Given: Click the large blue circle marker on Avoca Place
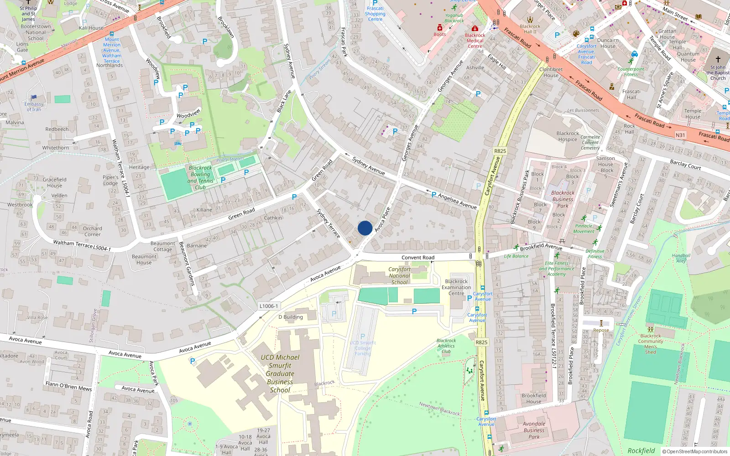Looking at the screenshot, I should (x=365, y=228).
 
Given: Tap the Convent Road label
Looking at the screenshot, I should (x=417, y=258).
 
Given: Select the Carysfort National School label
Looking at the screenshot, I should (x=399, y=276).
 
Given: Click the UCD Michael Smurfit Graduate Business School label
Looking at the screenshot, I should (x=280, y=373).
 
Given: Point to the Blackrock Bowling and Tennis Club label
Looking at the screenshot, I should (x=200, y=177).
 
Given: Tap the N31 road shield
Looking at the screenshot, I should (x=680, y=135).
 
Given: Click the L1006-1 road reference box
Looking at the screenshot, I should (x=269, y=306).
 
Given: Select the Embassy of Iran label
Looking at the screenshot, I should (x=34, y=107).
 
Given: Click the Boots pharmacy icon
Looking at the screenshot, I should (x=439, y=28).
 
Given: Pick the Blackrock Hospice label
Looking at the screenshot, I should (x=568, y=136).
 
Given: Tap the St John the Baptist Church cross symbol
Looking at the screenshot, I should (x=718, y=59).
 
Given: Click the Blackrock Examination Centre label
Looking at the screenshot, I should (x=456, y=287).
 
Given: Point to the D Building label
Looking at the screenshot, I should (x=291, y=317).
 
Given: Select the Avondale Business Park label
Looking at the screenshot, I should (x=534, y=430).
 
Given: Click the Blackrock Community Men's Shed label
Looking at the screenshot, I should (x=651, y=344).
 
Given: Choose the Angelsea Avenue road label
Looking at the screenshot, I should (x=457, y=201).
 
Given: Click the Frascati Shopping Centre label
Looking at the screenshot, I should (x=375, y=14).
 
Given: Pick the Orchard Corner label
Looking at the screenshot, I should (x=92, y=231).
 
